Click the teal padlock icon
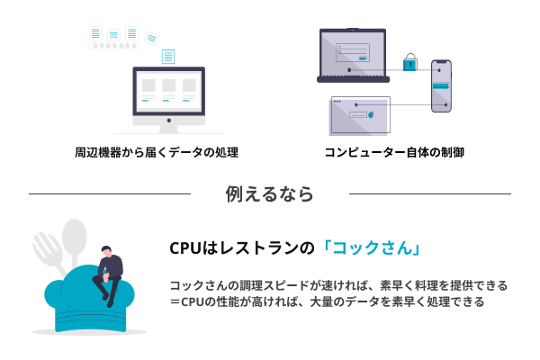pos(409,63)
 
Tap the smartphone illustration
pos(441,85)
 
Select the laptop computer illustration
pos(353,56)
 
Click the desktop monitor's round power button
pos(169,121)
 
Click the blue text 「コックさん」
pos(371,247)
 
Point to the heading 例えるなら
pos(270,193)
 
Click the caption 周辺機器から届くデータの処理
pos(157,152)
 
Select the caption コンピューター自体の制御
pos(395,152)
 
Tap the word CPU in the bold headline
pos(184,248)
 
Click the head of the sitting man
pos(106,250)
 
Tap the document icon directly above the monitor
pos(168,57)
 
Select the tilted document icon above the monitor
pos(151,38)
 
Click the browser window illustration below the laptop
pos(360,115)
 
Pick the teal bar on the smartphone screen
pos(441,85)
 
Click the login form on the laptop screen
pos(353,52)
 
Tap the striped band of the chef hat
pos(90,319)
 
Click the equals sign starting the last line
pos(175,301)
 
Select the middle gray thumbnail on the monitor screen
pos(169,85)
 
